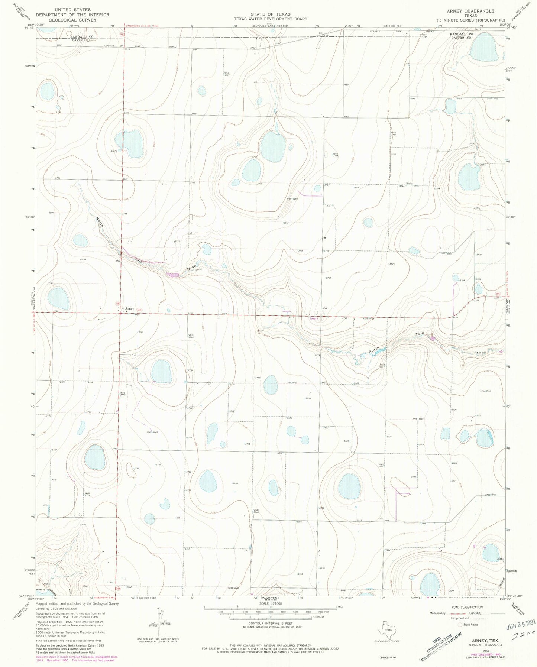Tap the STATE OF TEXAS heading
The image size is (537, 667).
point(270,14)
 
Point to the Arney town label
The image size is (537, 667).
point(129,308)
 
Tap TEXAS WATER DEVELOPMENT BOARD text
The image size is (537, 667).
point(270,19)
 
